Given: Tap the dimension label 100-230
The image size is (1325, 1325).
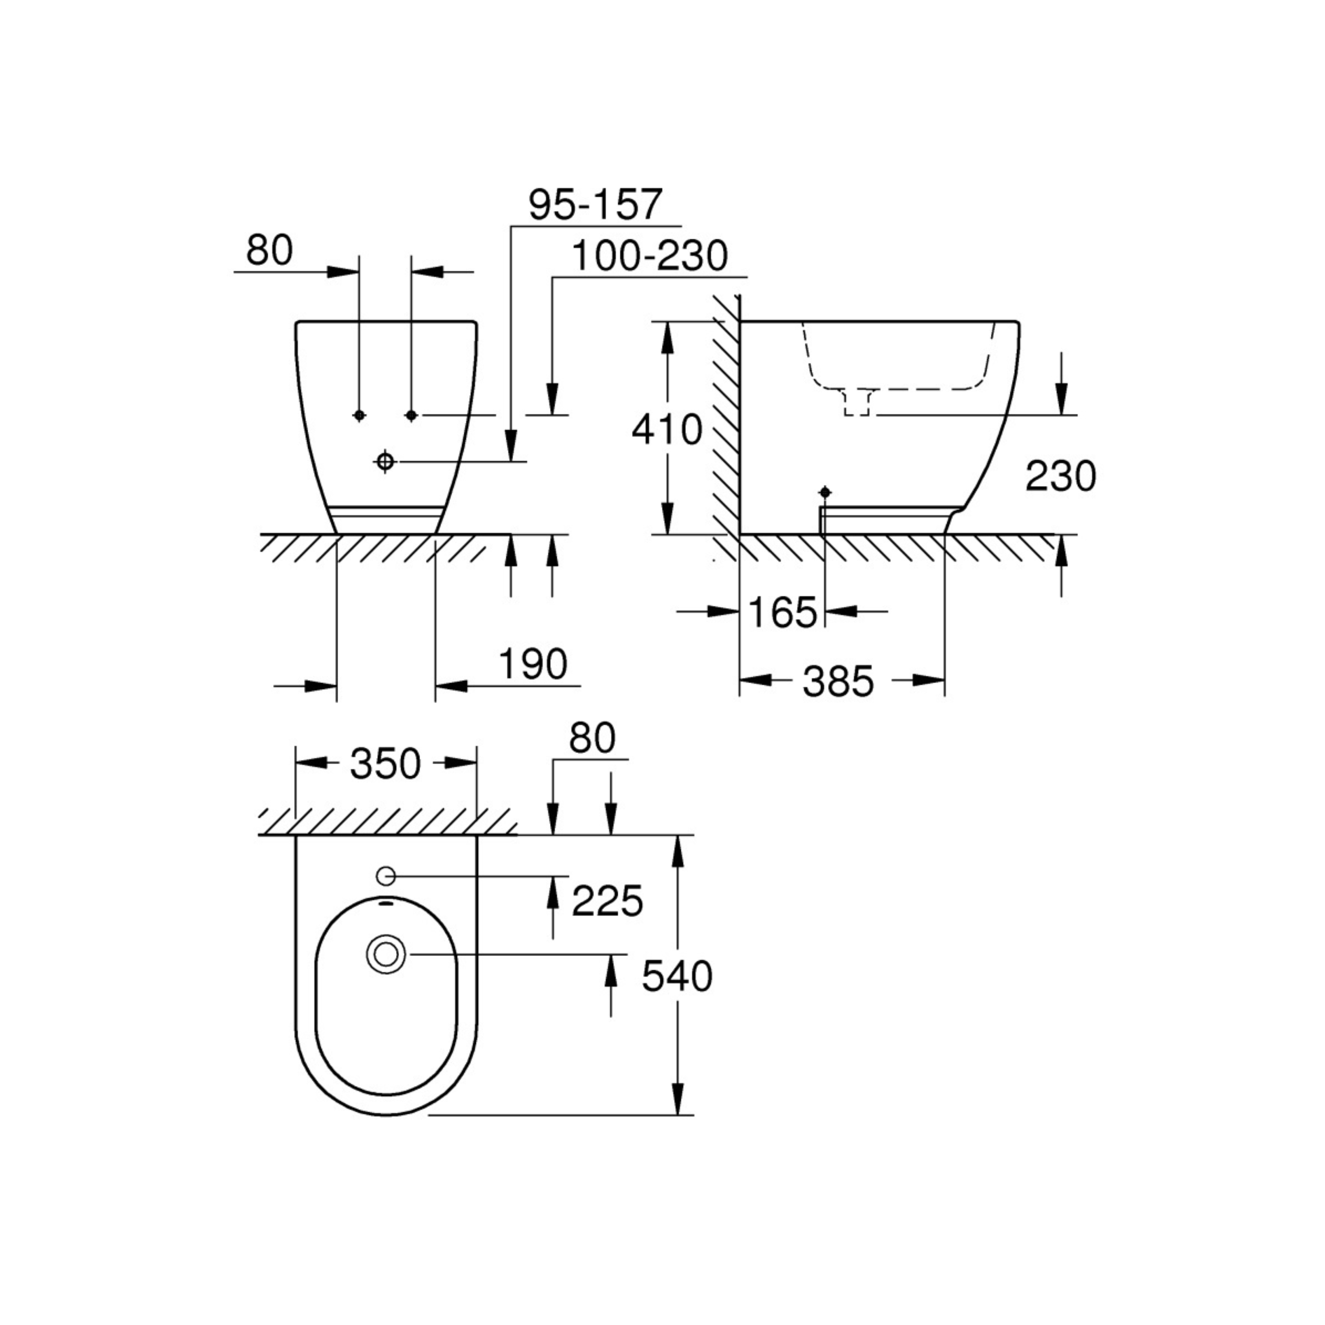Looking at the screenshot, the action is (x=649, y=256).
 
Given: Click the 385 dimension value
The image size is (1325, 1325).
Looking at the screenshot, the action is (x=838, y=682).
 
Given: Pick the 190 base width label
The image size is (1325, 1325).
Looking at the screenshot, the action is (x=533, y=664).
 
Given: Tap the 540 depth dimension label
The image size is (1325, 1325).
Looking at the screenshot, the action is (x=677, y=977).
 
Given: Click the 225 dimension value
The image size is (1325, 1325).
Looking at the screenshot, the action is (x=607, y=901).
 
